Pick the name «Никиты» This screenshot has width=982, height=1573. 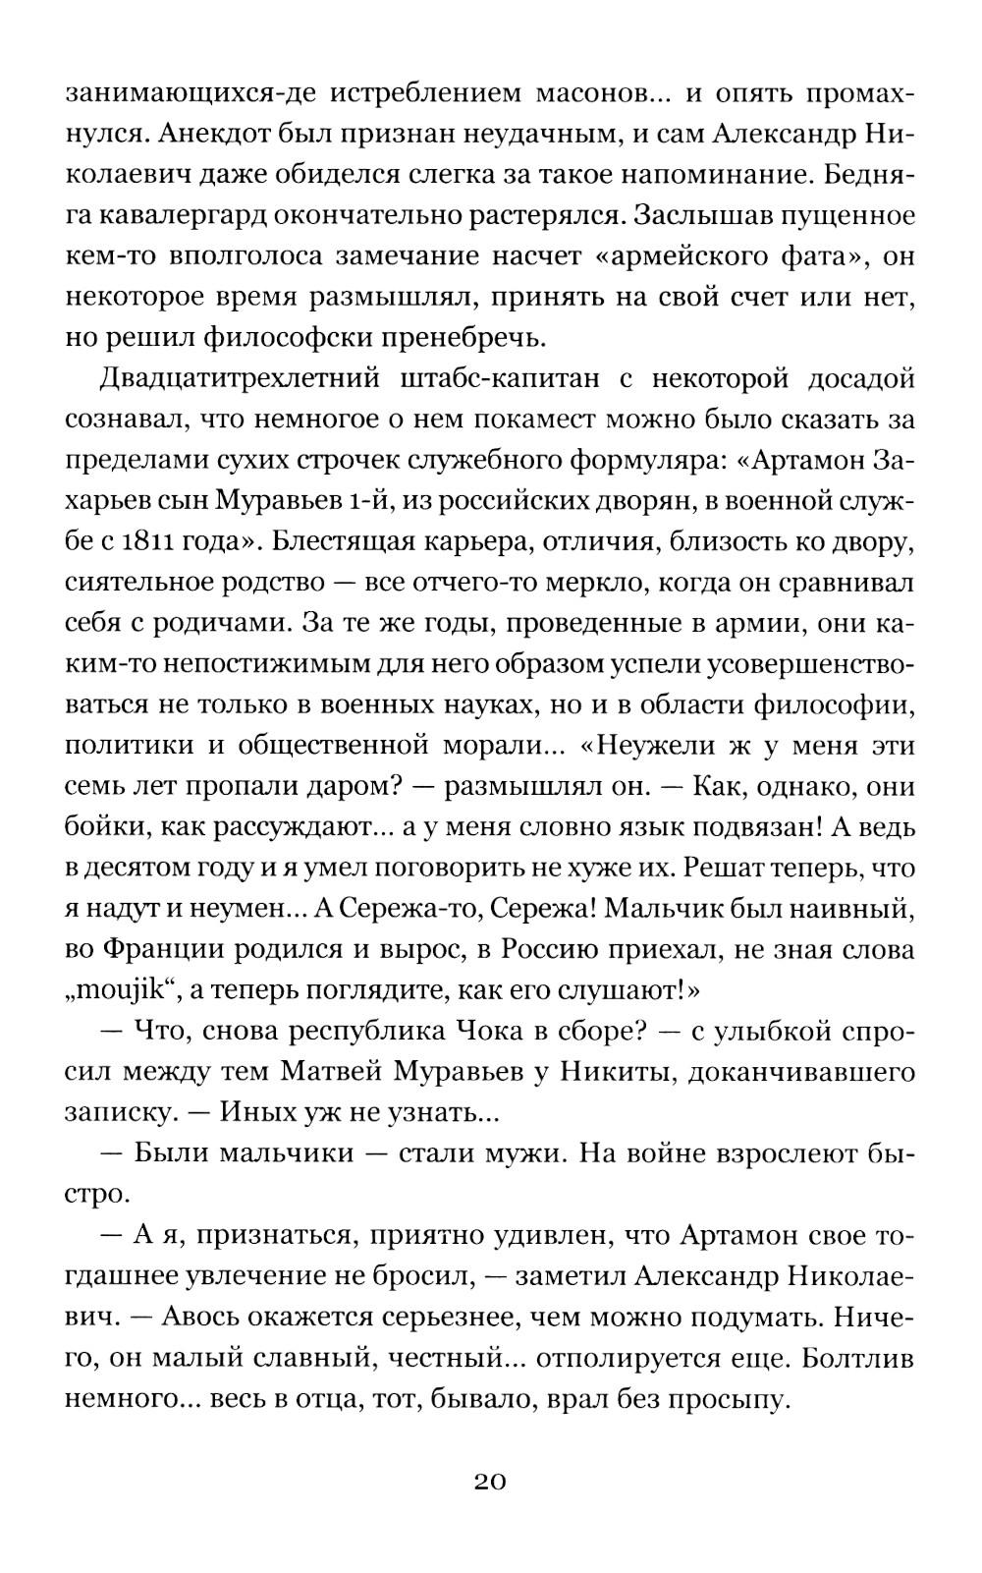613,1073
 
